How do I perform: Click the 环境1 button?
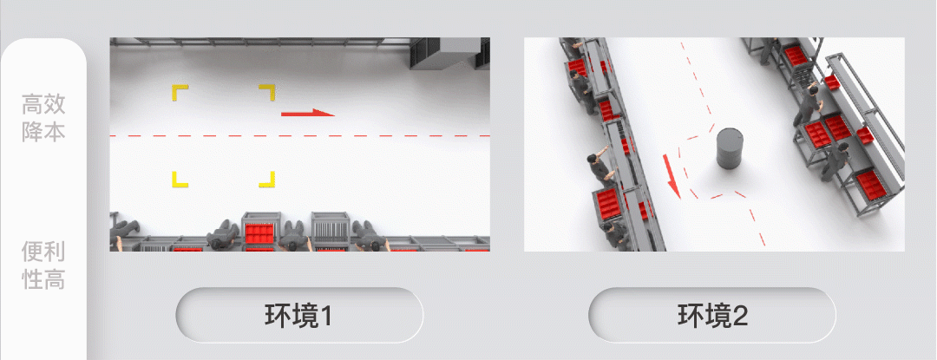click(298, 315)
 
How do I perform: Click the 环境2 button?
click(711, 315)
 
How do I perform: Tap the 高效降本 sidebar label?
click(43, 118)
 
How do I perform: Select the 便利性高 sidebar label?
click(43, 265)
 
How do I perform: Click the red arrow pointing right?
click(307, 113)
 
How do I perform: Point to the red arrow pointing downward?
click(671, 175)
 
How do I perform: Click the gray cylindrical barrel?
click(731, 148)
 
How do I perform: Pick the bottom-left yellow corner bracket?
click(180, 180)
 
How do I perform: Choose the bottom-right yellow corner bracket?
click(266, 180)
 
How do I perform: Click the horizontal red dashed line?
click(299, 136)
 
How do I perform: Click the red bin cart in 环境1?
click(260, 229)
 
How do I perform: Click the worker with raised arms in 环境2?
click(600, 167)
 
